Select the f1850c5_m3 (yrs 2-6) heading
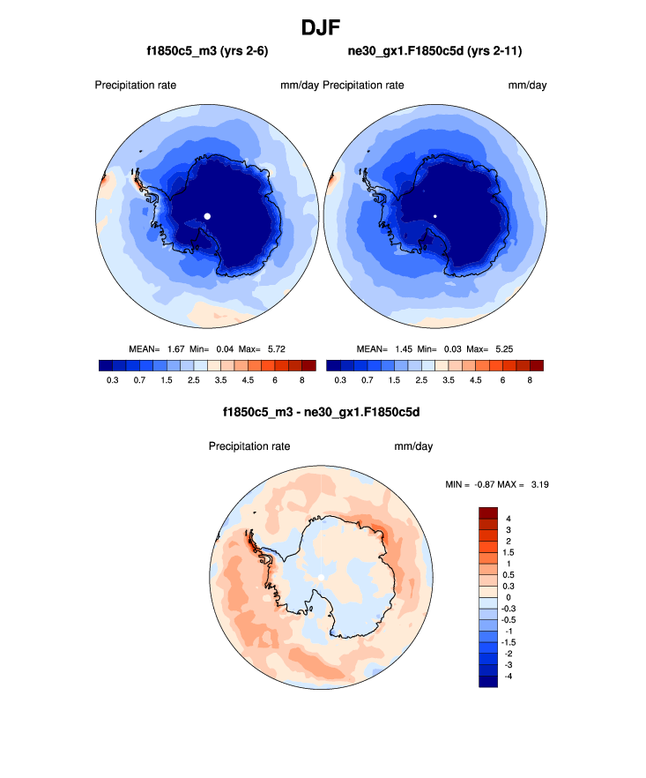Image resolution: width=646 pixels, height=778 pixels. (x=207, y=52)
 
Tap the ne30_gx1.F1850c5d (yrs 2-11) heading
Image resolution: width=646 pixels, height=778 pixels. (x=435, y=52)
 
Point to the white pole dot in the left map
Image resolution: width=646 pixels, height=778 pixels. (x=207, y=215)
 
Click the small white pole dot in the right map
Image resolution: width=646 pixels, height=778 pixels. (x=435, y=215)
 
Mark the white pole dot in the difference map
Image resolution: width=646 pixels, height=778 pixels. (x=322, y=577)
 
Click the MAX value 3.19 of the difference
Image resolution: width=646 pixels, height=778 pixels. (x=539, y=484)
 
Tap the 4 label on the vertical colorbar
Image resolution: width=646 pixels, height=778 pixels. (x=509, y=519)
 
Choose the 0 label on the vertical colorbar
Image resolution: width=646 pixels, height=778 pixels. (x=509, y=597)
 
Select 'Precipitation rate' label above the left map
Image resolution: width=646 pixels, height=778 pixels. (x=136, y=86)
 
